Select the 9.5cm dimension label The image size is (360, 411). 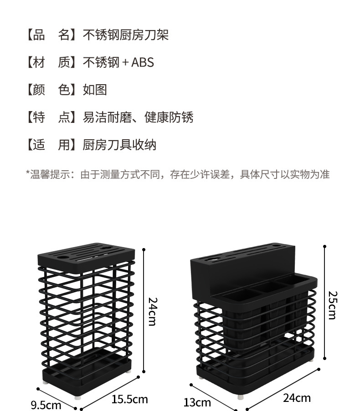(x=46, y=405)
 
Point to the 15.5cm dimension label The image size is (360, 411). (x=130, y=399)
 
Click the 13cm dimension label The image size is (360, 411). (x=197, y=402)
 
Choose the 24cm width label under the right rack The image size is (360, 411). (x=297, y=398)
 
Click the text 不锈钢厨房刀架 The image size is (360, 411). (x=126, y=35)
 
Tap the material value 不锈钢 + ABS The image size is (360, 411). (x=118, y=62)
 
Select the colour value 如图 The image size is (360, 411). (x=95, y=90)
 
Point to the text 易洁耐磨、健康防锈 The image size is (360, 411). (x=138, y=117)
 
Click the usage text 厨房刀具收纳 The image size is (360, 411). (x=119, y=145)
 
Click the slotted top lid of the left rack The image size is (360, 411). (x=87, y=256)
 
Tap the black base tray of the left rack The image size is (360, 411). (x=87, y=371)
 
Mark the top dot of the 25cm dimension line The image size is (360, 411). (x=325, y=246)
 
